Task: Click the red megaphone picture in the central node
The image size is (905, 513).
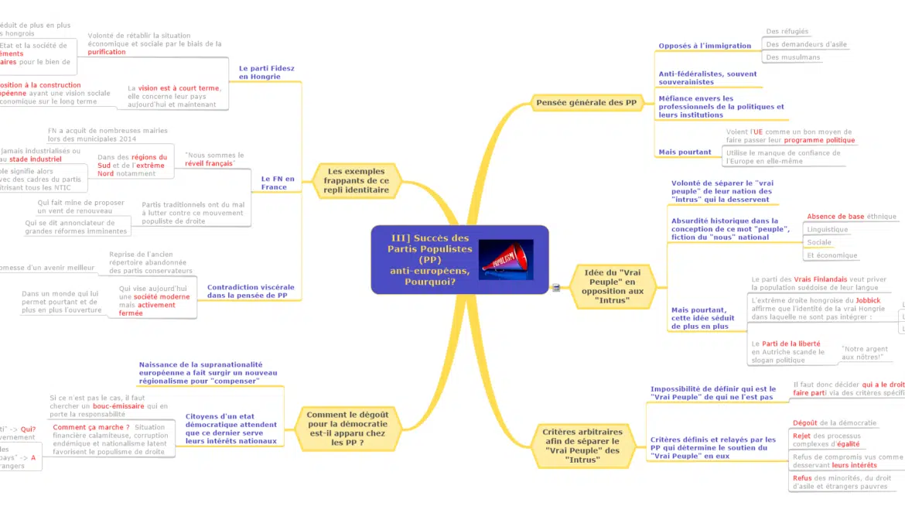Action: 506,260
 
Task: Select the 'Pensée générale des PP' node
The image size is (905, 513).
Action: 586,102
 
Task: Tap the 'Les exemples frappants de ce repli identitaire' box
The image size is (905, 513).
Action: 357,180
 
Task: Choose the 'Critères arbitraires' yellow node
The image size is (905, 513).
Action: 581,446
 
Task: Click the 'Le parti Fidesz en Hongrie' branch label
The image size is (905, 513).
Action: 266,73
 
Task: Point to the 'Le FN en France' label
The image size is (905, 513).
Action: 278,183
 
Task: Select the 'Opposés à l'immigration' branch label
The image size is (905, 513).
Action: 704,46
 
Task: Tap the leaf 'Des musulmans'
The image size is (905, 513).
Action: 793,57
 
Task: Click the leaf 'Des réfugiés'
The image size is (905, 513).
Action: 787,32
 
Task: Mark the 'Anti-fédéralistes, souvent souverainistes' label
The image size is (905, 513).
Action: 707,78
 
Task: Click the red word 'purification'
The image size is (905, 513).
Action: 107,52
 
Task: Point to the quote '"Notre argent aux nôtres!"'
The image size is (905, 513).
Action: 864,353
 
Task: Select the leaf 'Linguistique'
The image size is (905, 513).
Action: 827,229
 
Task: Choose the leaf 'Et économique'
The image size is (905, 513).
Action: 832,255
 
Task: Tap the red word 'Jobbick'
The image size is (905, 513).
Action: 868,300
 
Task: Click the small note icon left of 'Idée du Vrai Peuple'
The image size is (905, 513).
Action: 555,288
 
